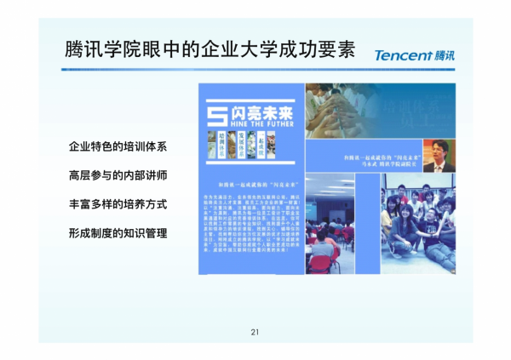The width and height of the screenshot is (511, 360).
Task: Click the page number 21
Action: (x=255, y=331)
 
